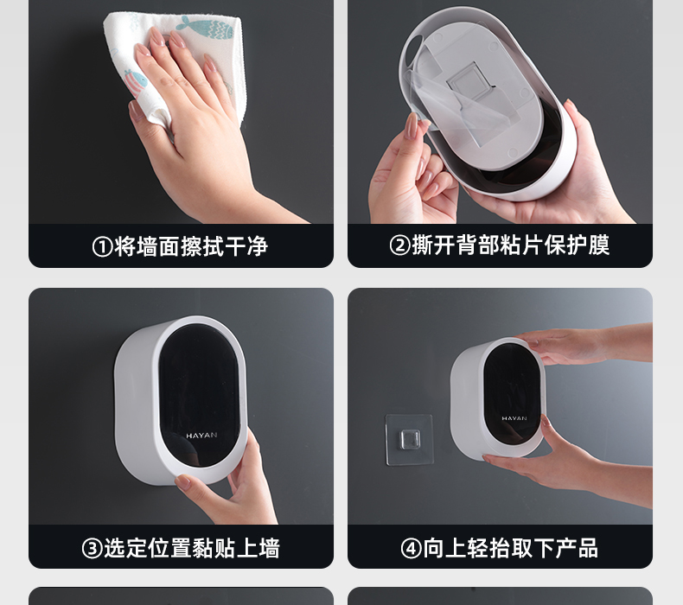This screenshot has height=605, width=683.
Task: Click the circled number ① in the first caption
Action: pyautogui.click(x=103, y=247)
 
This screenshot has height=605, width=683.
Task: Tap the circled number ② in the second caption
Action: pyautogui.click(x=400, y=245)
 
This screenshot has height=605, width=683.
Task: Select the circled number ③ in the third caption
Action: pyautogui.click(x=93, y=548)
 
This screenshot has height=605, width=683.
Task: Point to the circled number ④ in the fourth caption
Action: pyautogui.click(x=412, y=548)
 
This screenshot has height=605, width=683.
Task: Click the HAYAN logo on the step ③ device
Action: pyautogui.click(x=201, y=435)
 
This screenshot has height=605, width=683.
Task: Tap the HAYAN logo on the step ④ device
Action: pyautogui.click(x=514, y=418)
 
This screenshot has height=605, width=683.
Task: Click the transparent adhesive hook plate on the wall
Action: pyautogui.click(x=410, y=439)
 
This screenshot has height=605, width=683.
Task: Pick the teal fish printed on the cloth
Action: pyautogui.click(x=206, y=28)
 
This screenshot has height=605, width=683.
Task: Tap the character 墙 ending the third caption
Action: pyautogui.click(x=269, y=548)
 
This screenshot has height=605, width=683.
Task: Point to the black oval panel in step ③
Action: pyautogui.click(x=199, y=395)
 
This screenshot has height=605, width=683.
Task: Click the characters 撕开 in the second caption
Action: pyautogui.click(x=433, y=245)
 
